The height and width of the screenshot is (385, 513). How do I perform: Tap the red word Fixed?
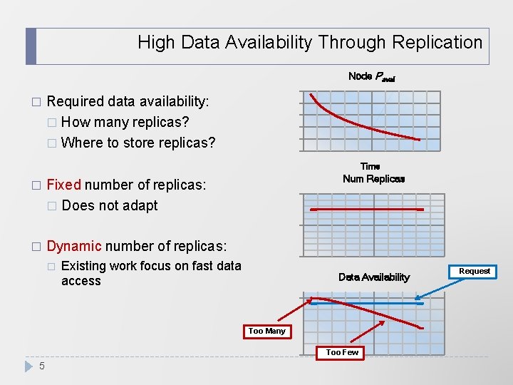tap(63, 185)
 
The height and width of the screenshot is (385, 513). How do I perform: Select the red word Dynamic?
tap(73, 247)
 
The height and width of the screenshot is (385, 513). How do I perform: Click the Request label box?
tap(475, 271)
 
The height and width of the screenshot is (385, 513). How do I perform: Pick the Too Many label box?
tap(267, 331)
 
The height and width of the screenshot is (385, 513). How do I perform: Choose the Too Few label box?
tap(342, 352)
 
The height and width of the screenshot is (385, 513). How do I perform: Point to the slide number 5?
tap(42, 366)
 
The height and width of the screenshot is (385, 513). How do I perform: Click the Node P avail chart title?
tap(371, 76)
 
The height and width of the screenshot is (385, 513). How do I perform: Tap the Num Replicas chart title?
tap(373, 179)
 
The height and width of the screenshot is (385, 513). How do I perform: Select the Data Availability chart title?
tap(374, 277)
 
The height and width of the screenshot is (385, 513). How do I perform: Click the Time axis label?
tap(370, 166)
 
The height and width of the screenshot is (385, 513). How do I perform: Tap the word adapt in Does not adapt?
tap(140, 206)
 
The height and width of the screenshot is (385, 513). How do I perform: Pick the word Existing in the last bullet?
tap(84, 266)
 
